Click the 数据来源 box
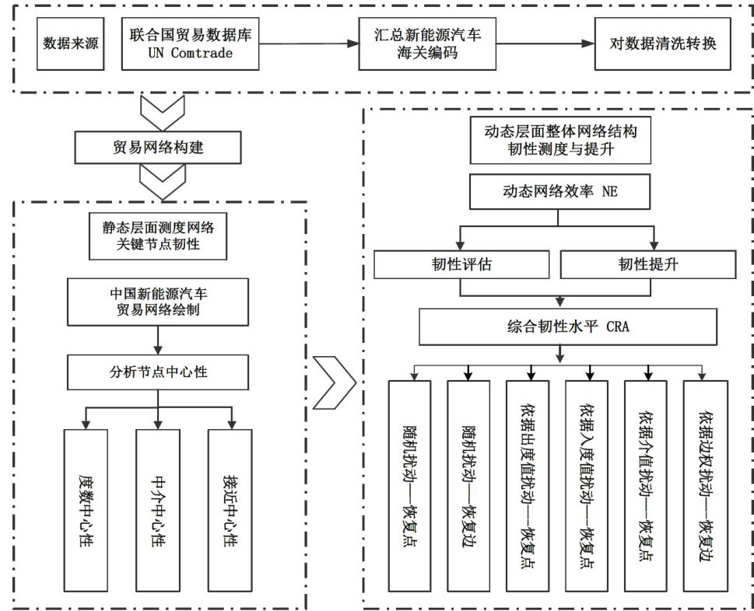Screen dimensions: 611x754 coord(71,44)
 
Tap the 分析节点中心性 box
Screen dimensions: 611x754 coord(158,372)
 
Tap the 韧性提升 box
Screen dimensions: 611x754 coord(647,265)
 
